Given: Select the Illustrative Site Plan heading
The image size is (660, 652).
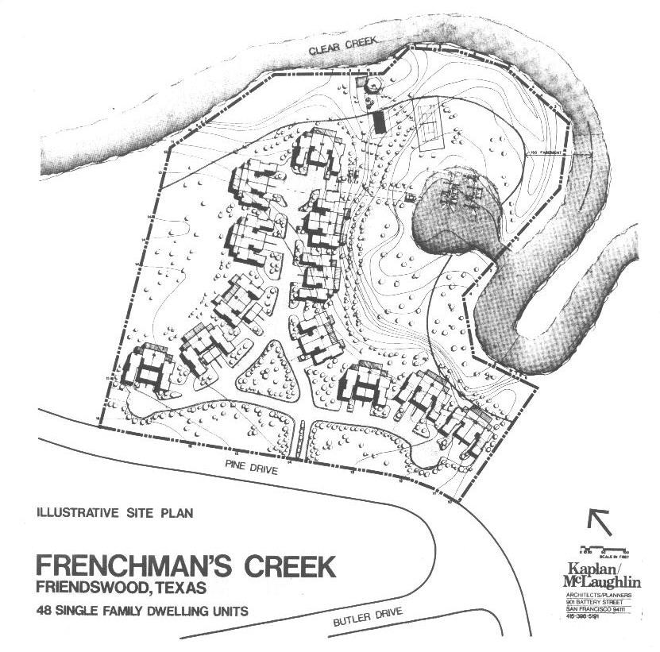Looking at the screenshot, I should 114,513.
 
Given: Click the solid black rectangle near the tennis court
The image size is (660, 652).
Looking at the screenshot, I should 380,122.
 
